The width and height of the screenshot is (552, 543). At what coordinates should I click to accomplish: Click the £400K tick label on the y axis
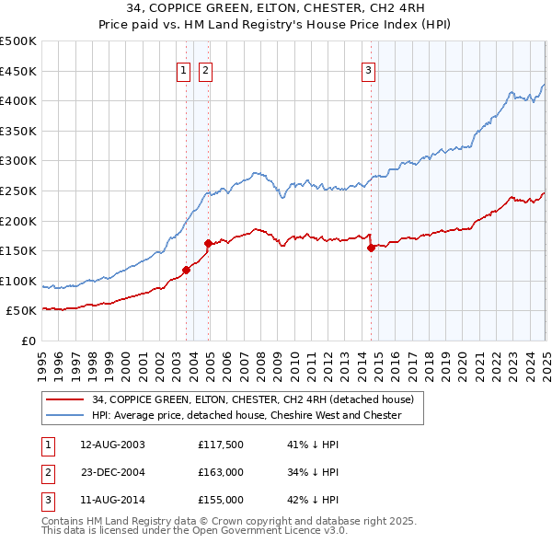tap(18, 101)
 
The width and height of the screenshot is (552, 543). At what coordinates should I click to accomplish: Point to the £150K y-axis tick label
tap(18, 250)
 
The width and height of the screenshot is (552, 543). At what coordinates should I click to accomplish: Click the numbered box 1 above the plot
tap(182, 70)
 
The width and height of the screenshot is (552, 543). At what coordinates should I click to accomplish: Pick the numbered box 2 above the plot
tap(204, 70)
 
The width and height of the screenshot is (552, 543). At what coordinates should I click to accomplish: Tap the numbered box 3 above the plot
tap(368, 70)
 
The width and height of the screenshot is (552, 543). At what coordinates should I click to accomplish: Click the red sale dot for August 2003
tap(186, 271)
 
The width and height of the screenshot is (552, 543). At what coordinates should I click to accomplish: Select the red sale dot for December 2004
tap(209, 243)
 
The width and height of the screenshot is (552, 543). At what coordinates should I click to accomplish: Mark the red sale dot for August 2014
tap(371, 248)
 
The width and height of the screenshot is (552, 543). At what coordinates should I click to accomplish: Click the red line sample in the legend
tap(66, 399)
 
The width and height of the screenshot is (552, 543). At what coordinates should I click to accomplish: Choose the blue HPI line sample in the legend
tap(66, 415)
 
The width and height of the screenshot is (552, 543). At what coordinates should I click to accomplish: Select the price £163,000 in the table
tap(220, 472)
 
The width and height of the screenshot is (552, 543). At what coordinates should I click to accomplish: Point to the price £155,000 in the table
tap(220, 500)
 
